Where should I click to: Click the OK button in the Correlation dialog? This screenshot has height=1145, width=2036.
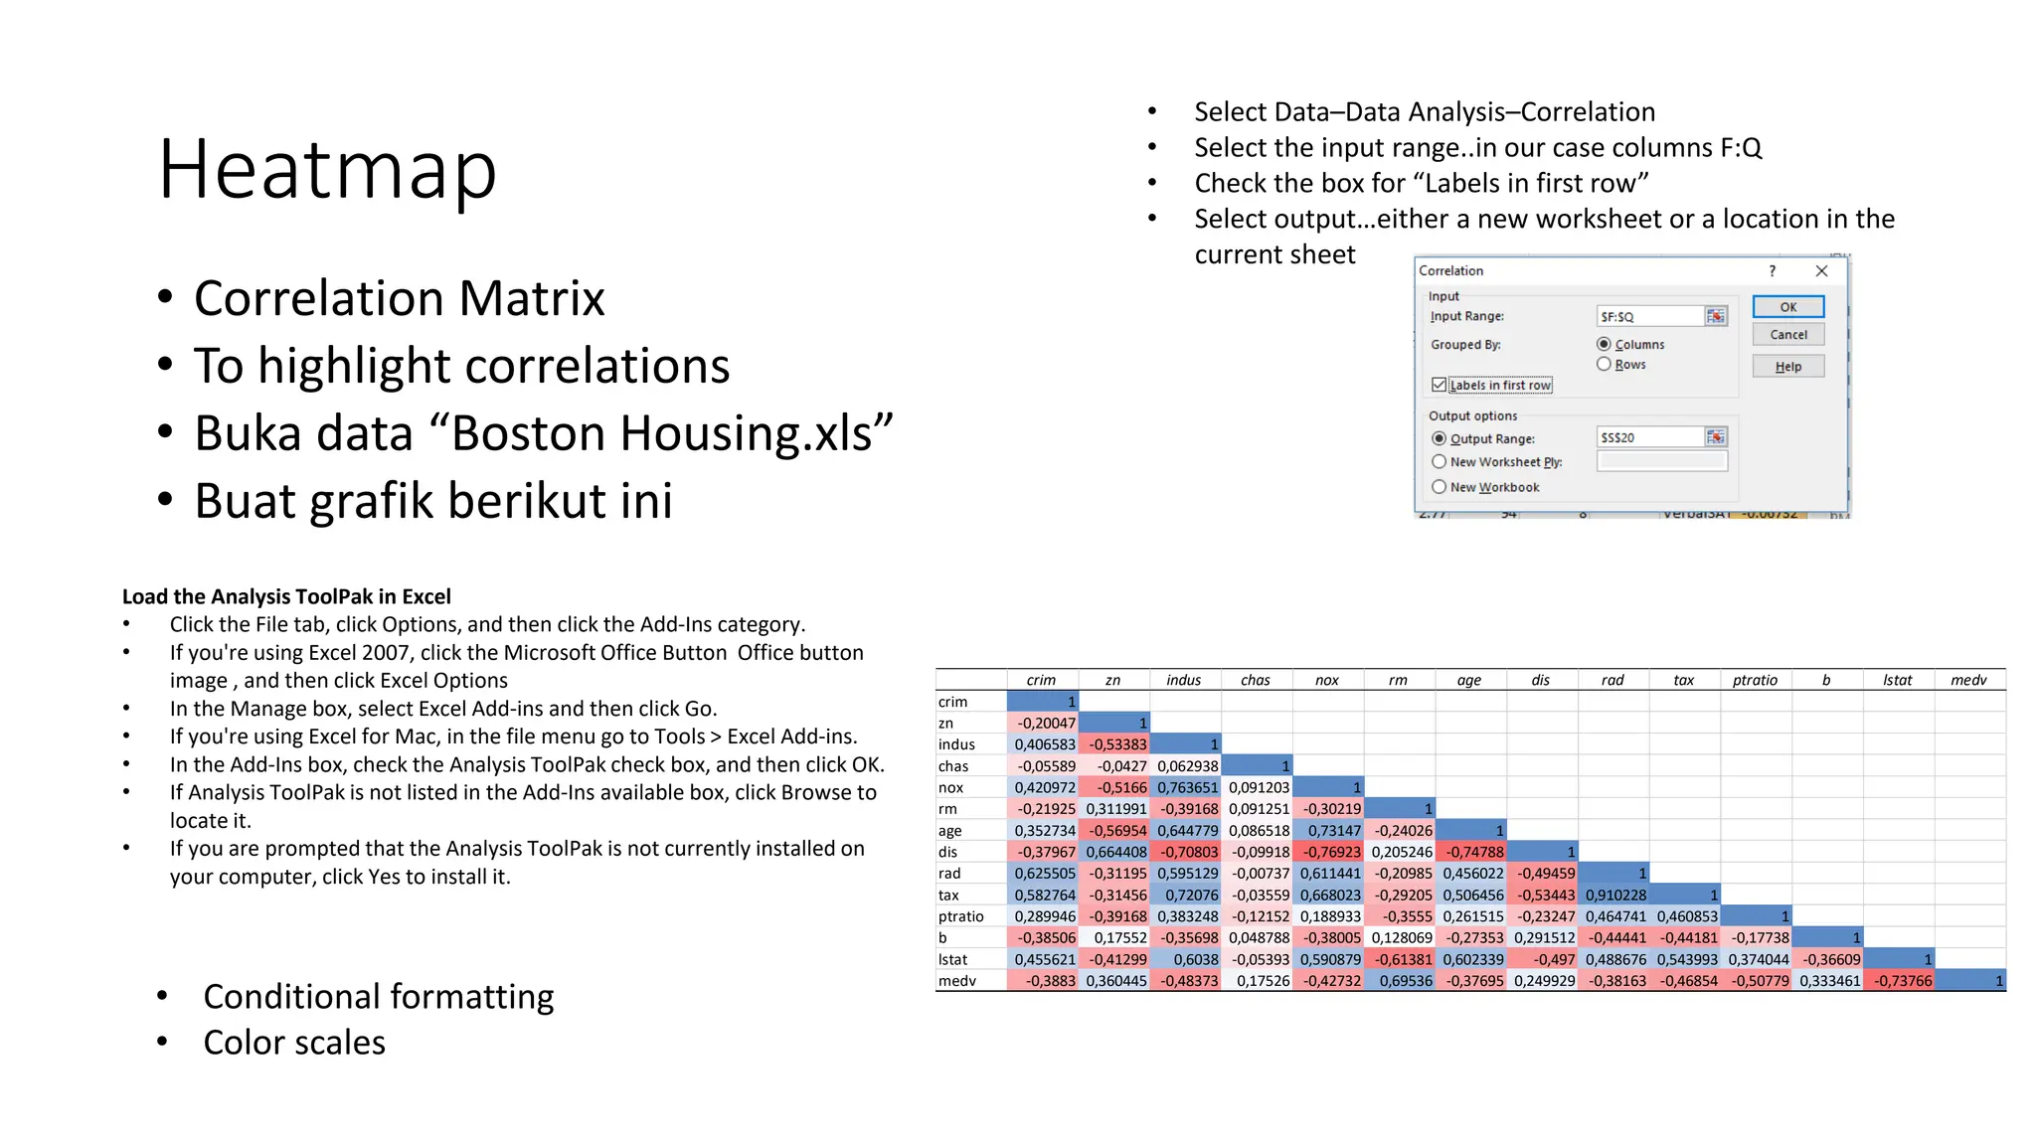(1787, 307)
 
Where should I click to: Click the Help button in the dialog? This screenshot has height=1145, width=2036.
(1787, 367)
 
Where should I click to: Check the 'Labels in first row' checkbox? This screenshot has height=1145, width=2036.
(1439, 385)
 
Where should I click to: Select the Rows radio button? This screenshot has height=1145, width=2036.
(1604, 365)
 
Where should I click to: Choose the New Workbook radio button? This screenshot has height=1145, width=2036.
(1439, 487)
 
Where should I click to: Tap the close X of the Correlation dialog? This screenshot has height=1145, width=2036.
(1821, 270)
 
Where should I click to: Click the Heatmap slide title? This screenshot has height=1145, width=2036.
(327, 170)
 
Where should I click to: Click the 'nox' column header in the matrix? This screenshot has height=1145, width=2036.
(1326, 680)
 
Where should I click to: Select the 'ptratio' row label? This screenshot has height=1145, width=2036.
(960, 916)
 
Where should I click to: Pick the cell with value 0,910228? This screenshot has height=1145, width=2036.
(1614, 895)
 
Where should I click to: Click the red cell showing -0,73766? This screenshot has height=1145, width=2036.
(1898, 981)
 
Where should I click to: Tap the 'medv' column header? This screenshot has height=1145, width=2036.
(1967, 680)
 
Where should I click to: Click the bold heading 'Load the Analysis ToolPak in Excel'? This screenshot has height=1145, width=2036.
(286, 596)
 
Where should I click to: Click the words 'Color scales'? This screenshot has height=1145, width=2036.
(294, 1043)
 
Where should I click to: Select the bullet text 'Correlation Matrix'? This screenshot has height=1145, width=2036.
(399, 298)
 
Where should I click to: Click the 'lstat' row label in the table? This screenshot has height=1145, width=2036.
(952, 959)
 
